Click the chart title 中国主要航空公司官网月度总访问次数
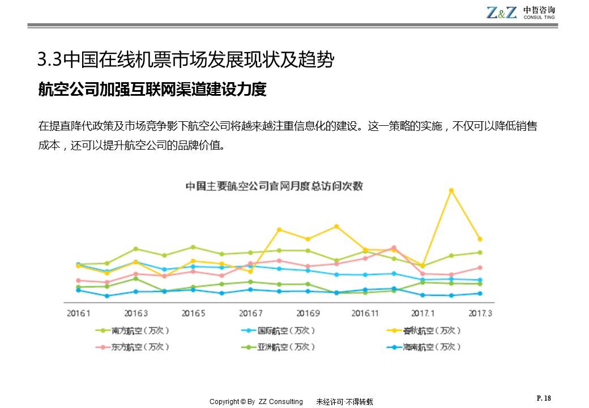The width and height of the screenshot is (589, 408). pos(274,186)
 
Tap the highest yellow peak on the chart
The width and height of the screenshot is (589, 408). pos(451,190)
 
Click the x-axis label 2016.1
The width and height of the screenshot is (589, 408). pos(79,313)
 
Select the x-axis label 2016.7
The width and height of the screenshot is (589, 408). pos(251,313)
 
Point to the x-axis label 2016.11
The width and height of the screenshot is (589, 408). pos(365,313)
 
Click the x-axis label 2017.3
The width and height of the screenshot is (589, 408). pos(480,313)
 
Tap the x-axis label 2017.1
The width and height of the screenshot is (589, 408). pos(422,313)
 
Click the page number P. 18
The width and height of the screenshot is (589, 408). pos(543,398)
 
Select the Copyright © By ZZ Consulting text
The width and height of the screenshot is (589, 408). pos(256,402)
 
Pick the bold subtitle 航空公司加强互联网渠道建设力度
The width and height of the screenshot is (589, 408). pos(152,90)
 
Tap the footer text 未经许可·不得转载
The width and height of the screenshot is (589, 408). pos(344,402)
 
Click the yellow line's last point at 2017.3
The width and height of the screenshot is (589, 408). pos(480,239)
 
